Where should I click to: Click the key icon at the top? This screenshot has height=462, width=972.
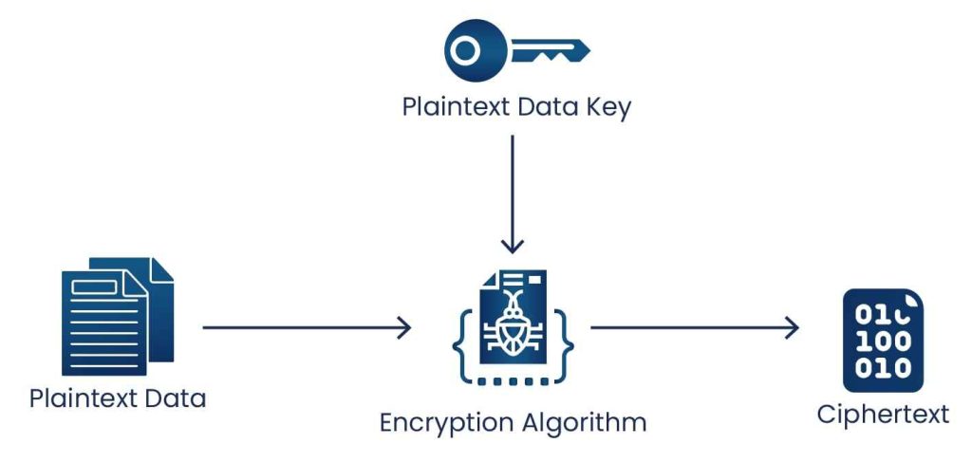[x=516, y=49]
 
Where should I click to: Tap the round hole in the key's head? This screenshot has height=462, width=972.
[x=464, y=49]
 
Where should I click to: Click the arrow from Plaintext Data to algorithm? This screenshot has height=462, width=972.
[x=307, y=328]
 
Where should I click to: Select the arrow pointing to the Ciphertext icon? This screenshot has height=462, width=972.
[x=694, y=328]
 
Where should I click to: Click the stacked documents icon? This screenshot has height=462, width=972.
[x=118, y=315]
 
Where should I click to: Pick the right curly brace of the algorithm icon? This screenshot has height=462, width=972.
[x=567, y=328]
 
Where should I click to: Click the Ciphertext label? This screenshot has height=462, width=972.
[x=883, y=415]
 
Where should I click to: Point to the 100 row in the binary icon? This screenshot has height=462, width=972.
[x=883, y=342]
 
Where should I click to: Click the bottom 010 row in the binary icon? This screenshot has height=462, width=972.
[x=883, y=368]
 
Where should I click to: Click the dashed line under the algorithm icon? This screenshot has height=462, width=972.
[x=513, y=381]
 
